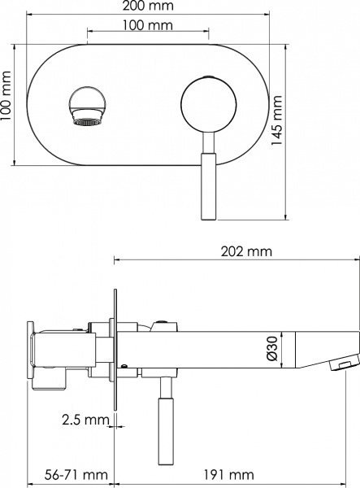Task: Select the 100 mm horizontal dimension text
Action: (147, 27)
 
